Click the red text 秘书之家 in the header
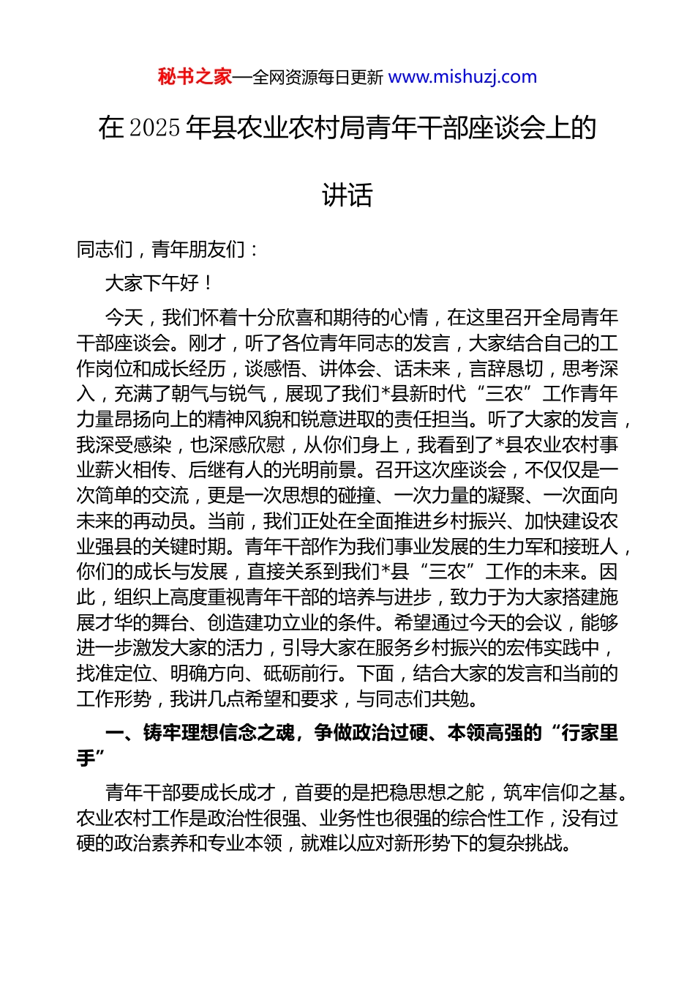point(195,77)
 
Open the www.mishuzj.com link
point(462,77)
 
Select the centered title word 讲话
point(347,195)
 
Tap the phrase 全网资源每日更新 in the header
point(318,78)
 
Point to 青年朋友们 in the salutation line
point(198,250)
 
